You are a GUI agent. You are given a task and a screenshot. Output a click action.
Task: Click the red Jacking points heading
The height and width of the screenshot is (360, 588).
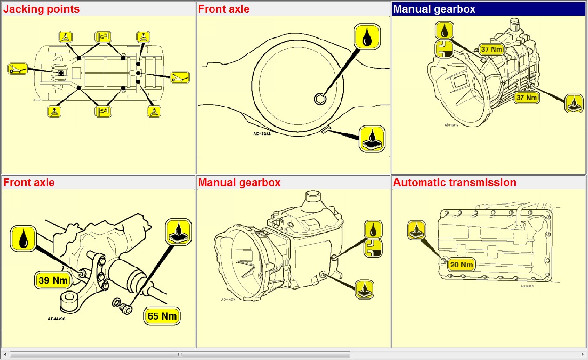41,9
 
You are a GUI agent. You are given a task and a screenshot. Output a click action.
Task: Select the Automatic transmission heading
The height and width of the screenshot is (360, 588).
454,182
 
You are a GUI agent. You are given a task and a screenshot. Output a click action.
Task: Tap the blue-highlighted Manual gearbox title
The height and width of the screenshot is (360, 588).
434,9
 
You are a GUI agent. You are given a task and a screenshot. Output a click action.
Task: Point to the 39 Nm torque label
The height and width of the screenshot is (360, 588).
53,280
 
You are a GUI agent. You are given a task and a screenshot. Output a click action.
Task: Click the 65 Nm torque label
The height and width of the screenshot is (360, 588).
162,316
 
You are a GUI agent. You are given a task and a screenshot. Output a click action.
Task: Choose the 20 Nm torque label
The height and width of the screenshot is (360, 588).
461,265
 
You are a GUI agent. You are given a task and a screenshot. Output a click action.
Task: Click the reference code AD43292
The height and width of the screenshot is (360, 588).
262,134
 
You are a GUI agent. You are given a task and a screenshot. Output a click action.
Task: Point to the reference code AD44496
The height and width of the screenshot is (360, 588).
56,319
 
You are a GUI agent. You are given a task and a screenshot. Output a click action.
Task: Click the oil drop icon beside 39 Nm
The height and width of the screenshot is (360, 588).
23,238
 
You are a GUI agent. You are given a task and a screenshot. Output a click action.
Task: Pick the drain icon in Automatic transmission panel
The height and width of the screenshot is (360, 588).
416,230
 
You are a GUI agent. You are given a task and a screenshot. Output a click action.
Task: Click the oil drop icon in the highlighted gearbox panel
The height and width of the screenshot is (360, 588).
445,31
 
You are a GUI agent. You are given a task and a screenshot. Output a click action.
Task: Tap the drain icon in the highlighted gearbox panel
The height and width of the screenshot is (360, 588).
574,103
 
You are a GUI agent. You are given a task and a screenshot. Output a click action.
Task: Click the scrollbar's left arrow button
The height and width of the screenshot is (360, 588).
5,354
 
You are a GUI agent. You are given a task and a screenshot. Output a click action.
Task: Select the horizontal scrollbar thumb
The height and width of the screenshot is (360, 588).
179,354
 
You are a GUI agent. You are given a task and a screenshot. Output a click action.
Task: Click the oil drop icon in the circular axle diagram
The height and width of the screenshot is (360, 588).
367,36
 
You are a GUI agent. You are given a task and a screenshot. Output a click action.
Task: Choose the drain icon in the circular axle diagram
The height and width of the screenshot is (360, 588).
372,138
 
